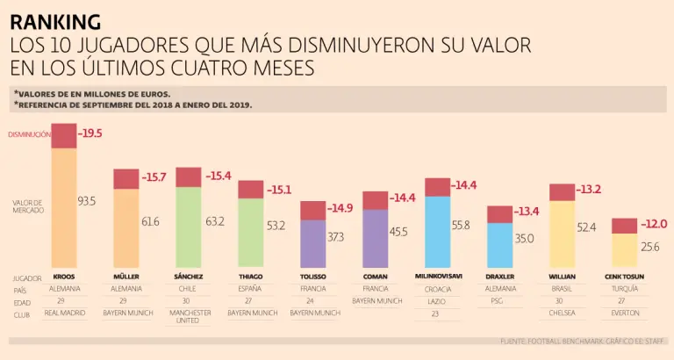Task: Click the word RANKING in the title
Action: pos(54,21)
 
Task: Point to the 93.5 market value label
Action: pos(86,201)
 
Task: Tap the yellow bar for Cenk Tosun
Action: pos(624,249)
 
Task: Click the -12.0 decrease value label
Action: pos(655,225)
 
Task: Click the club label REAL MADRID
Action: pos(64,313)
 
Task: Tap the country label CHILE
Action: pos(189,288)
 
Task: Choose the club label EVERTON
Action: pos(625,313)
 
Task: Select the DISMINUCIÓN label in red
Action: pos(28,134)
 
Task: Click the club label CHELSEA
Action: pos(563,313)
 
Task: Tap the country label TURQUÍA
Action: pos(625,288)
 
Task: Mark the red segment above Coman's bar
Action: pos(375,200)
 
